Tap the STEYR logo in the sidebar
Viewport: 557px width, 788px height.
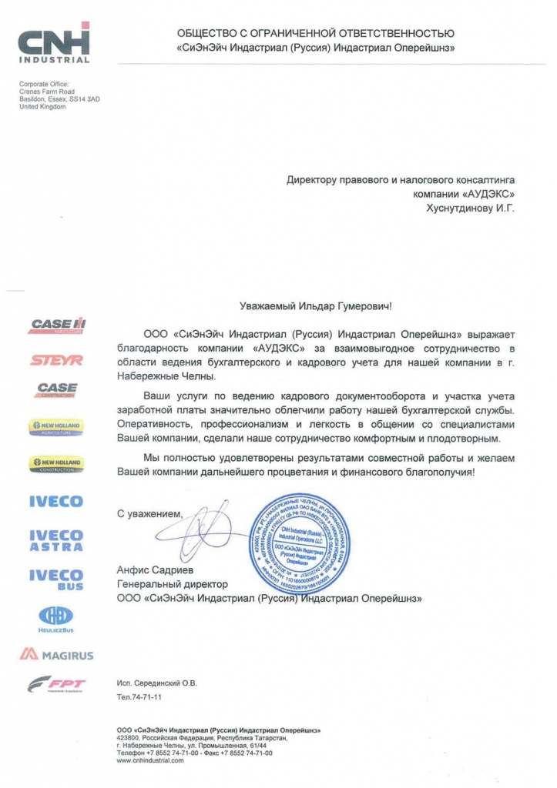click(x=57, y=359)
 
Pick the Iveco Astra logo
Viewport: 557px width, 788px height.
click(x=56, y=539)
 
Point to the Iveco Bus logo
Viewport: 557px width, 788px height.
click(x=56, y=579)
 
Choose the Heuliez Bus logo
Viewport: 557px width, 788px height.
click(x=56, y=618)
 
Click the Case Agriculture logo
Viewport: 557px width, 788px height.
click(x=58, y=326)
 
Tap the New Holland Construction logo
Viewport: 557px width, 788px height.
click(x=57, y=464)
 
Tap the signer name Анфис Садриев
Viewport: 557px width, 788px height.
click(x=152, y=570)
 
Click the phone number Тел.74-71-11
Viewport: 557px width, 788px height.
click(x=139, y=697)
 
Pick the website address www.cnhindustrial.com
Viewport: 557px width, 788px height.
click(x=150, y=760)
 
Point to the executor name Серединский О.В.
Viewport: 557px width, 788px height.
click(x=167, y=683)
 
